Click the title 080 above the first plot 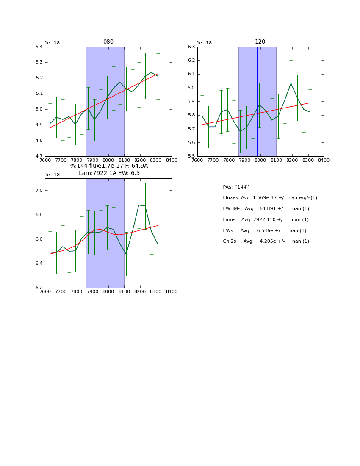coord(108,42)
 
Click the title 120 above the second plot coord(260,42)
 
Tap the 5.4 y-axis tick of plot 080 coord(39,47)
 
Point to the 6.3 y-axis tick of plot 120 coord(191,47)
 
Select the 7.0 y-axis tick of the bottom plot coord(39,191)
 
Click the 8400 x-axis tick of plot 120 coord(324,161)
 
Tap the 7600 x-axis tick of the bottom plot coord(45,292)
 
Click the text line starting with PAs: coord(236,187)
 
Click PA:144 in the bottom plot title coord(78,166)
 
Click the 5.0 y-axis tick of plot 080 coord(39,109)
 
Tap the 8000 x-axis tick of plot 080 coord(108,161)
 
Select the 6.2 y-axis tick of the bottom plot coord(39,288)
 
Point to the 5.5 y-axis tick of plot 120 coord(191,156)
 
